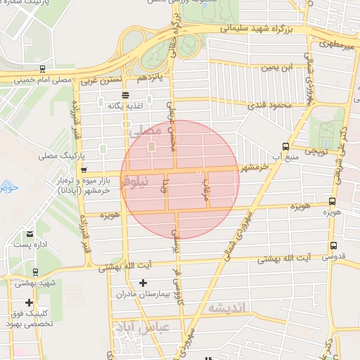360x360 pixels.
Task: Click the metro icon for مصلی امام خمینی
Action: (43, 69)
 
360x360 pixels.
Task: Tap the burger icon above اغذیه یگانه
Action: (125, 95)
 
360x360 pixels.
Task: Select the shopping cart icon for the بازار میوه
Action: (84, 170)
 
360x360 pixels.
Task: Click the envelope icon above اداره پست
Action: (30, 234)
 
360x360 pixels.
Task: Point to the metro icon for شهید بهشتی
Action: (35, 271)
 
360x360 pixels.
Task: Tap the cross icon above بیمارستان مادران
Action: (143, 283)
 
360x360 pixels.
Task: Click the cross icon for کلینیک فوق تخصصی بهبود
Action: (29, 302)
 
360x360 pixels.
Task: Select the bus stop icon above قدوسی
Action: (333, 246)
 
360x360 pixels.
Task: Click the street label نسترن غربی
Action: (101, 81)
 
